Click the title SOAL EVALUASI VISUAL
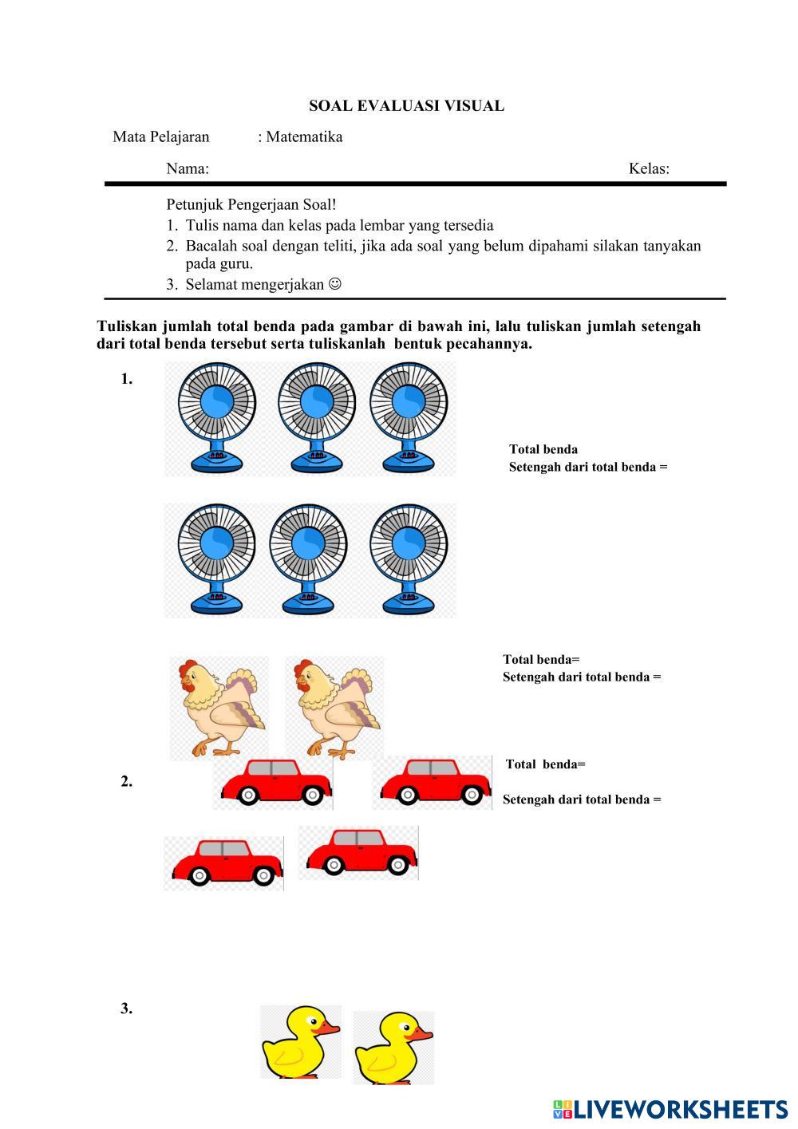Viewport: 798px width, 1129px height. (x=406, y=106)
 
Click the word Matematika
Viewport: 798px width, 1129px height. (x=304, y=136)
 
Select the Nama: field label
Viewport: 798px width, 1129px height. (x=188, y=168)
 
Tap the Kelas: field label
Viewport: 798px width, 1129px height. (x=649, y=168)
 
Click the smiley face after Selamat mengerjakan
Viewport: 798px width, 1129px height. (x=335, y=283)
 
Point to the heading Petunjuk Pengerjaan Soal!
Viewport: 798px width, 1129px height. (x=251, y=205)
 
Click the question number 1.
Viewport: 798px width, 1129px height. (x=127, y=379)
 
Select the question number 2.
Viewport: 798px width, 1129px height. (x=127, y=782)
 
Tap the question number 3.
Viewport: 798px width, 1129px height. (x=127, y=1009)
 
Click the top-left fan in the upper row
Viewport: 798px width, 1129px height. (x=216, y=416)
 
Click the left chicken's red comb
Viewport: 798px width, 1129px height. (x=188, y=667)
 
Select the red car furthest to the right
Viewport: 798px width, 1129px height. (x=433, y=782)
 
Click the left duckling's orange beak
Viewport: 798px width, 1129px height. (x=328, y=1028)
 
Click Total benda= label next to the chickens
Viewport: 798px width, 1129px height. (x=541, y=660)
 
